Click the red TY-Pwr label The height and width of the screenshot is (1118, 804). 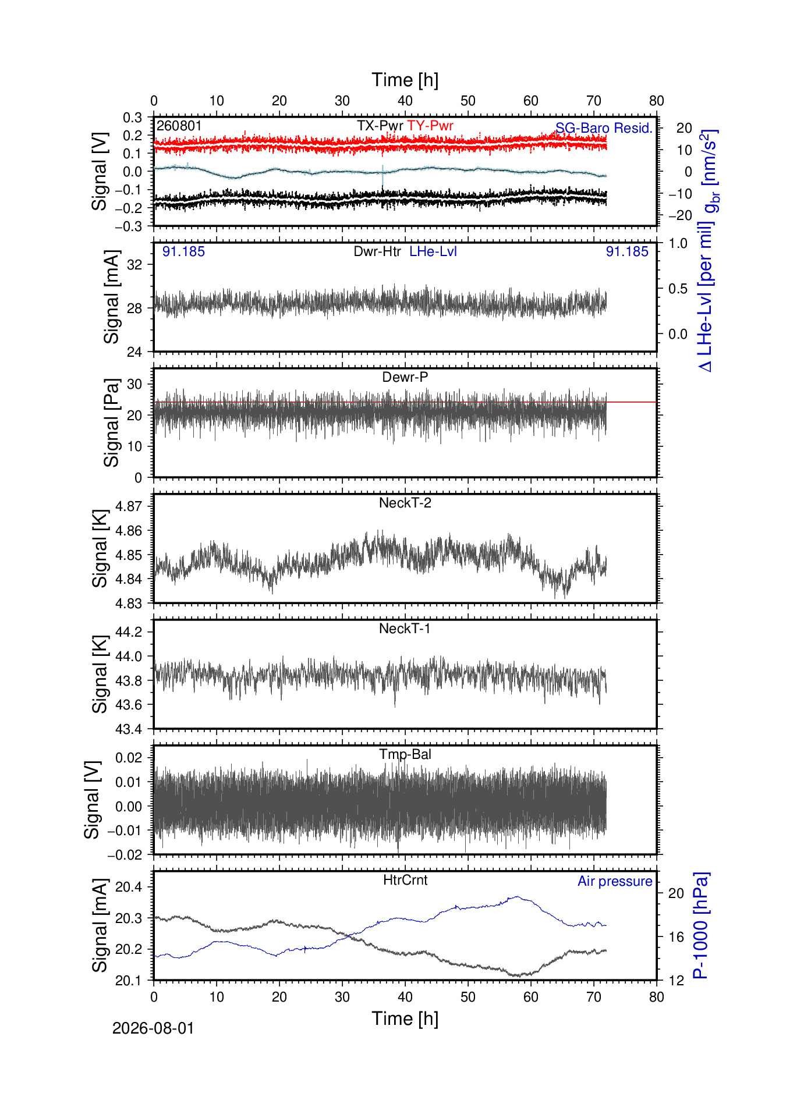click(x=430, y=126)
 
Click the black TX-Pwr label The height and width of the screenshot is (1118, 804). click(x=380, y=126)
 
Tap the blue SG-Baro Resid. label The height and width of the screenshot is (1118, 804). click(x=604, y=128)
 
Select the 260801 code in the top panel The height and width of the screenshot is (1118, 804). click(x=179, y=126)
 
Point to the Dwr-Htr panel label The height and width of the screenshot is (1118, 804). click(x=377, y=251)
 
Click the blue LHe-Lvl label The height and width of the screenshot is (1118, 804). click(x=433, y=251)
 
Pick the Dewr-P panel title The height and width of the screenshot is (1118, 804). click(x=405, y=377)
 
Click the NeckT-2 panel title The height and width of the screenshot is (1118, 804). click(x=405, y=503)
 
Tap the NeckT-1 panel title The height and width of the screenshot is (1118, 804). click(x=405, y=629)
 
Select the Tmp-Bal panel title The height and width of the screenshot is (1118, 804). click(x=405, y=754)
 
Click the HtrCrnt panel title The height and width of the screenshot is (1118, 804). click(x=405, y=880)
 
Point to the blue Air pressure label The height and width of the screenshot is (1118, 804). click(x=615, y=881)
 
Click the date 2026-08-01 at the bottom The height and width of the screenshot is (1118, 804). click(x=153, y=1028)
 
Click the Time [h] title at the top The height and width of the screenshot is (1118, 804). click(x=405, y=80)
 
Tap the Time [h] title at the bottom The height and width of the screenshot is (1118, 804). click(x=405, y=1019)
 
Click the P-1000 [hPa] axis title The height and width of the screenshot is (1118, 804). click(x=702, y=925)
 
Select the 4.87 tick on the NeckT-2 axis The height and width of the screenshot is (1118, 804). click(x=129, y=506)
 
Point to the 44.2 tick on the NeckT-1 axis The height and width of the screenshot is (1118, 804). click(x=129, y=632)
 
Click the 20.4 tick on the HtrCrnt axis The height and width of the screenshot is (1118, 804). click(x=129, y=887)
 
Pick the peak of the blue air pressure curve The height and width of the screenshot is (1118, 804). click(x=517, y=896)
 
